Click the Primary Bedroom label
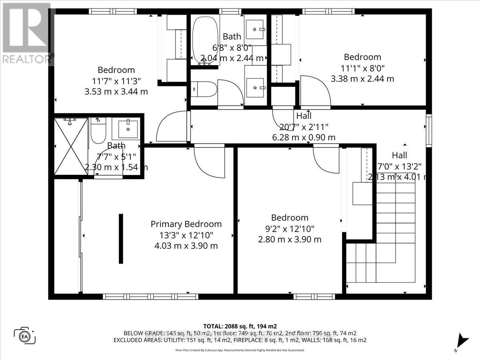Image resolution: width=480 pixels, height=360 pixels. (x=186, y=224)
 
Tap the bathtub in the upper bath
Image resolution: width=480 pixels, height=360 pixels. (x=204, y=40)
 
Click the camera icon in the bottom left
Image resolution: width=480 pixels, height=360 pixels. (x=25, y=335)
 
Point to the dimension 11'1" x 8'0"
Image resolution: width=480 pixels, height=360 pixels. (x=362, y=68)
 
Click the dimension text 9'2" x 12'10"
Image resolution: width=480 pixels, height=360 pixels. (x=290, y=229)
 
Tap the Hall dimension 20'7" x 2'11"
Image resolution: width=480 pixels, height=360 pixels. (x=304, y=127)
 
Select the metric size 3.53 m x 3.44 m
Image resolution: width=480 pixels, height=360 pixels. (x=116, y=92)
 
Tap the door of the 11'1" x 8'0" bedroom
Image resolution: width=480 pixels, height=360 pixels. (x=315, y=92)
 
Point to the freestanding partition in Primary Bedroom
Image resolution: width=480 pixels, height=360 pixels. (x=121, y=239)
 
